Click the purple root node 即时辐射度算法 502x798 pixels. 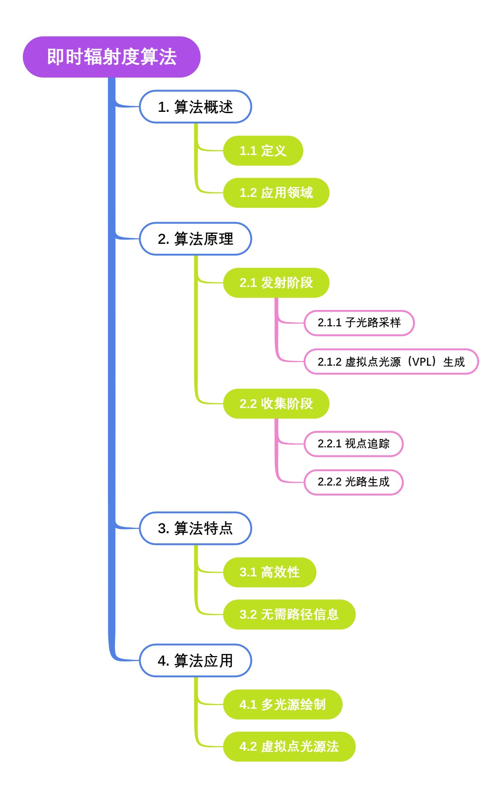click(112, 57)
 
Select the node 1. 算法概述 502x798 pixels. click(195, 107)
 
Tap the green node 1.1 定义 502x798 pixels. click(263, 151)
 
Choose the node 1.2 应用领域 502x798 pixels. click(276, 193)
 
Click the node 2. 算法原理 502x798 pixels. click(195, 239)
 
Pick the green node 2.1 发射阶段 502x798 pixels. click(276, 283)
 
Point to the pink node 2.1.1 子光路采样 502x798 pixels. click(359, 323)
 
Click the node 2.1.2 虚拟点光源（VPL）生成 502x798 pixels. click(391, 362)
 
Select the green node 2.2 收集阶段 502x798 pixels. click(276, 404)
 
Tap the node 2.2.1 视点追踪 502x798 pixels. click(353, 444)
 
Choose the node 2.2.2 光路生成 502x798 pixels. click(353, 482)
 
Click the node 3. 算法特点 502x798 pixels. click(195, 528)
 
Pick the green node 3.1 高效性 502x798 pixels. click(269, 572)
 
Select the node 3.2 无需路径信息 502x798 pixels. click(289, 615)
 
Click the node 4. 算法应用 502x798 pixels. click(195, 661)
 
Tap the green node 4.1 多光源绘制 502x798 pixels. click(282, 705)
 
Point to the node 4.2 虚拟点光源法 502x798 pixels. click(289, 746)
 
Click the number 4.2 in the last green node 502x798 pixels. click(248, 747)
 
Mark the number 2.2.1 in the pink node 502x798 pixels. click(329, 444)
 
